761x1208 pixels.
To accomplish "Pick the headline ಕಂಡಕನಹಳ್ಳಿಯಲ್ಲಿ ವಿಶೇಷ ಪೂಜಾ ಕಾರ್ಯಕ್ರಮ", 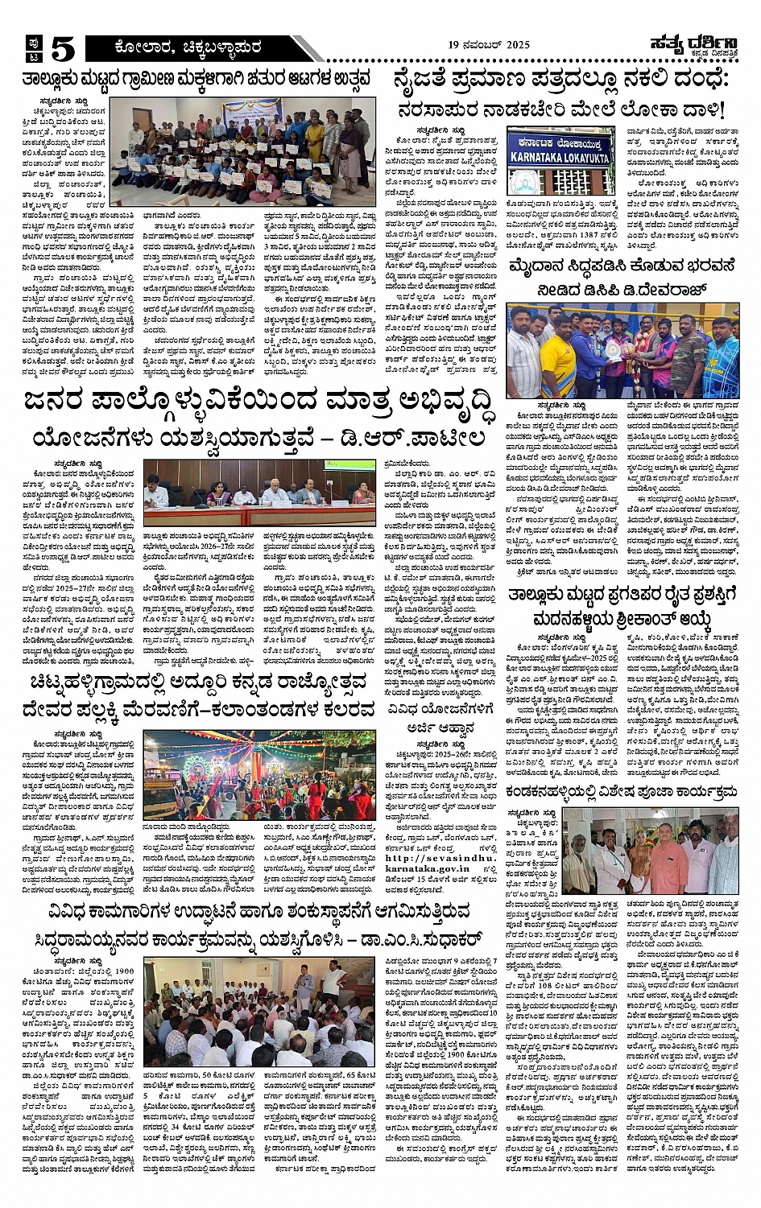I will point(620,792).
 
